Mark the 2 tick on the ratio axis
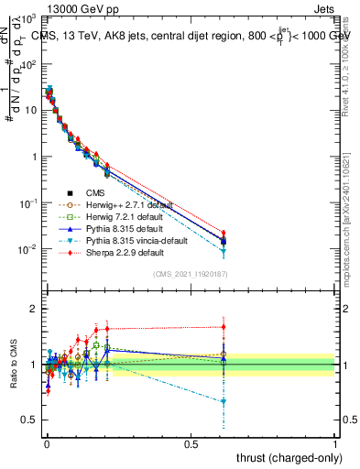click(x=31, y=309)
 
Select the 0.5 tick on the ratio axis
click(x=27, y=420)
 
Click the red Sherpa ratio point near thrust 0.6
click(x=223, y=326)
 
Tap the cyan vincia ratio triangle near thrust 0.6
click(x=223, y=401)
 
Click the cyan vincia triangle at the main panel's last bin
click(x=223, y=251)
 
